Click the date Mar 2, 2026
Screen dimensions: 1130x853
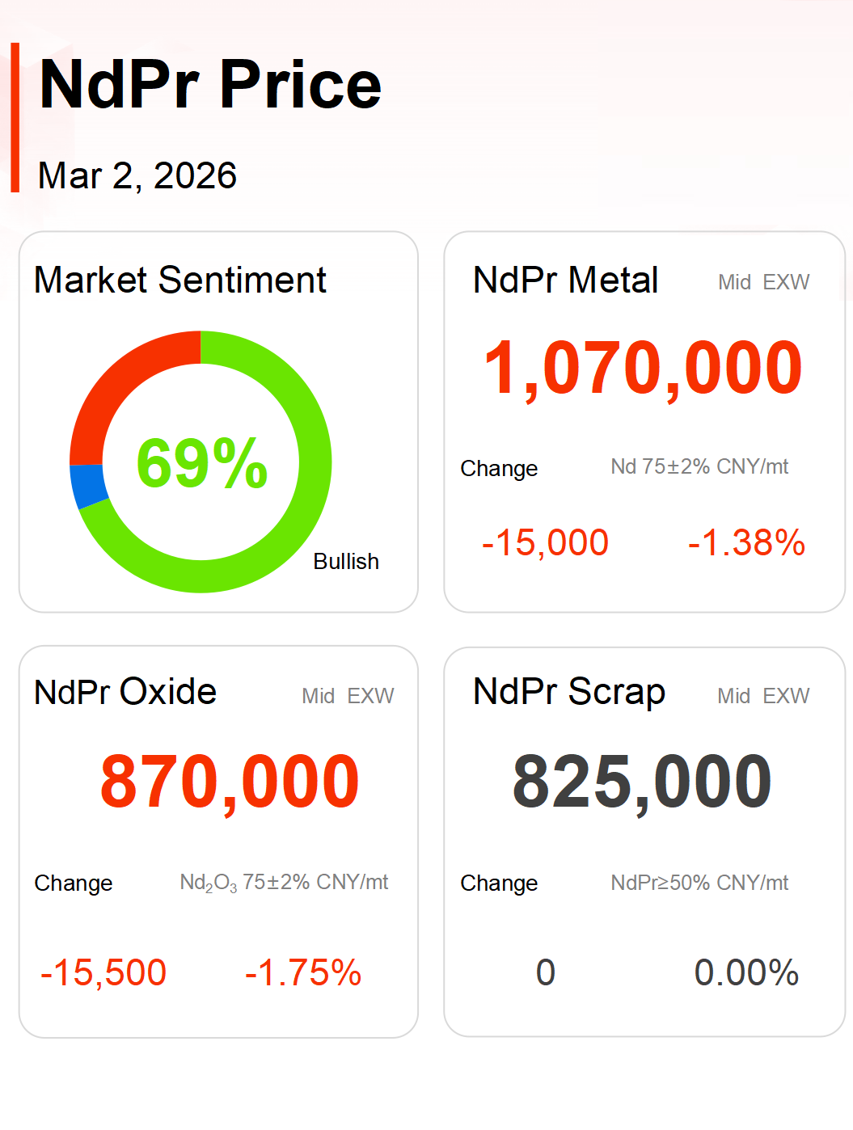click(x=137, y=175)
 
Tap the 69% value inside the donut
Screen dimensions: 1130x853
click(x=201, y=463)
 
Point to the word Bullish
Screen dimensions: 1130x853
click(x=346, y=562)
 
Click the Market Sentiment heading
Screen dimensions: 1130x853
click(x=179, y=280)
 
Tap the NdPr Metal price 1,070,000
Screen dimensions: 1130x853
click(x=643, y=369)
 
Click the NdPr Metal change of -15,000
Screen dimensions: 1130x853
click(x=545, y=542)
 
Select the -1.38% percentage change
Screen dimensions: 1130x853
click(x=746, y=542)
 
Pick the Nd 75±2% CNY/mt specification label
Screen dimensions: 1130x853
click(x=699, y=467)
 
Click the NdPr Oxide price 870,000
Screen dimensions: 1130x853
click(x=230, y=782)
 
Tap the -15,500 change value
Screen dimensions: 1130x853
click(x=103, y=972)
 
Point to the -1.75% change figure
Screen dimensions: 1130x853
click(x=303, y=972)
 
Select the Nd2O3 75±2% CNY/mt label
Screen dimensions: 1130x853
click(x=284, y=883)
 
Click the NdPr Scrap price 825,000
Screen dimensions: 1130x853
click(x=642, y=782)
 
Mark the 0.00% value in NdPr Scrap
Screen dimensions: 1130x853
click(x=746, y=972)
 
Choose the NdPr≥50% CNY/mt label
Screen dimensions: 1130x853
click(x=699, y=883)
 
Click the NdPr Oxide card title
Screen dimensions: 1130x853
click(x=125, y=693)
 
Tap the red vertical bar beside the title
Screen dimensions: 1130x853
click(x=15, y=117)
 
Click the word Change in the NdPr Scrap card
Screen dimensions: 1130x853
click(x=499, y=883)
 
